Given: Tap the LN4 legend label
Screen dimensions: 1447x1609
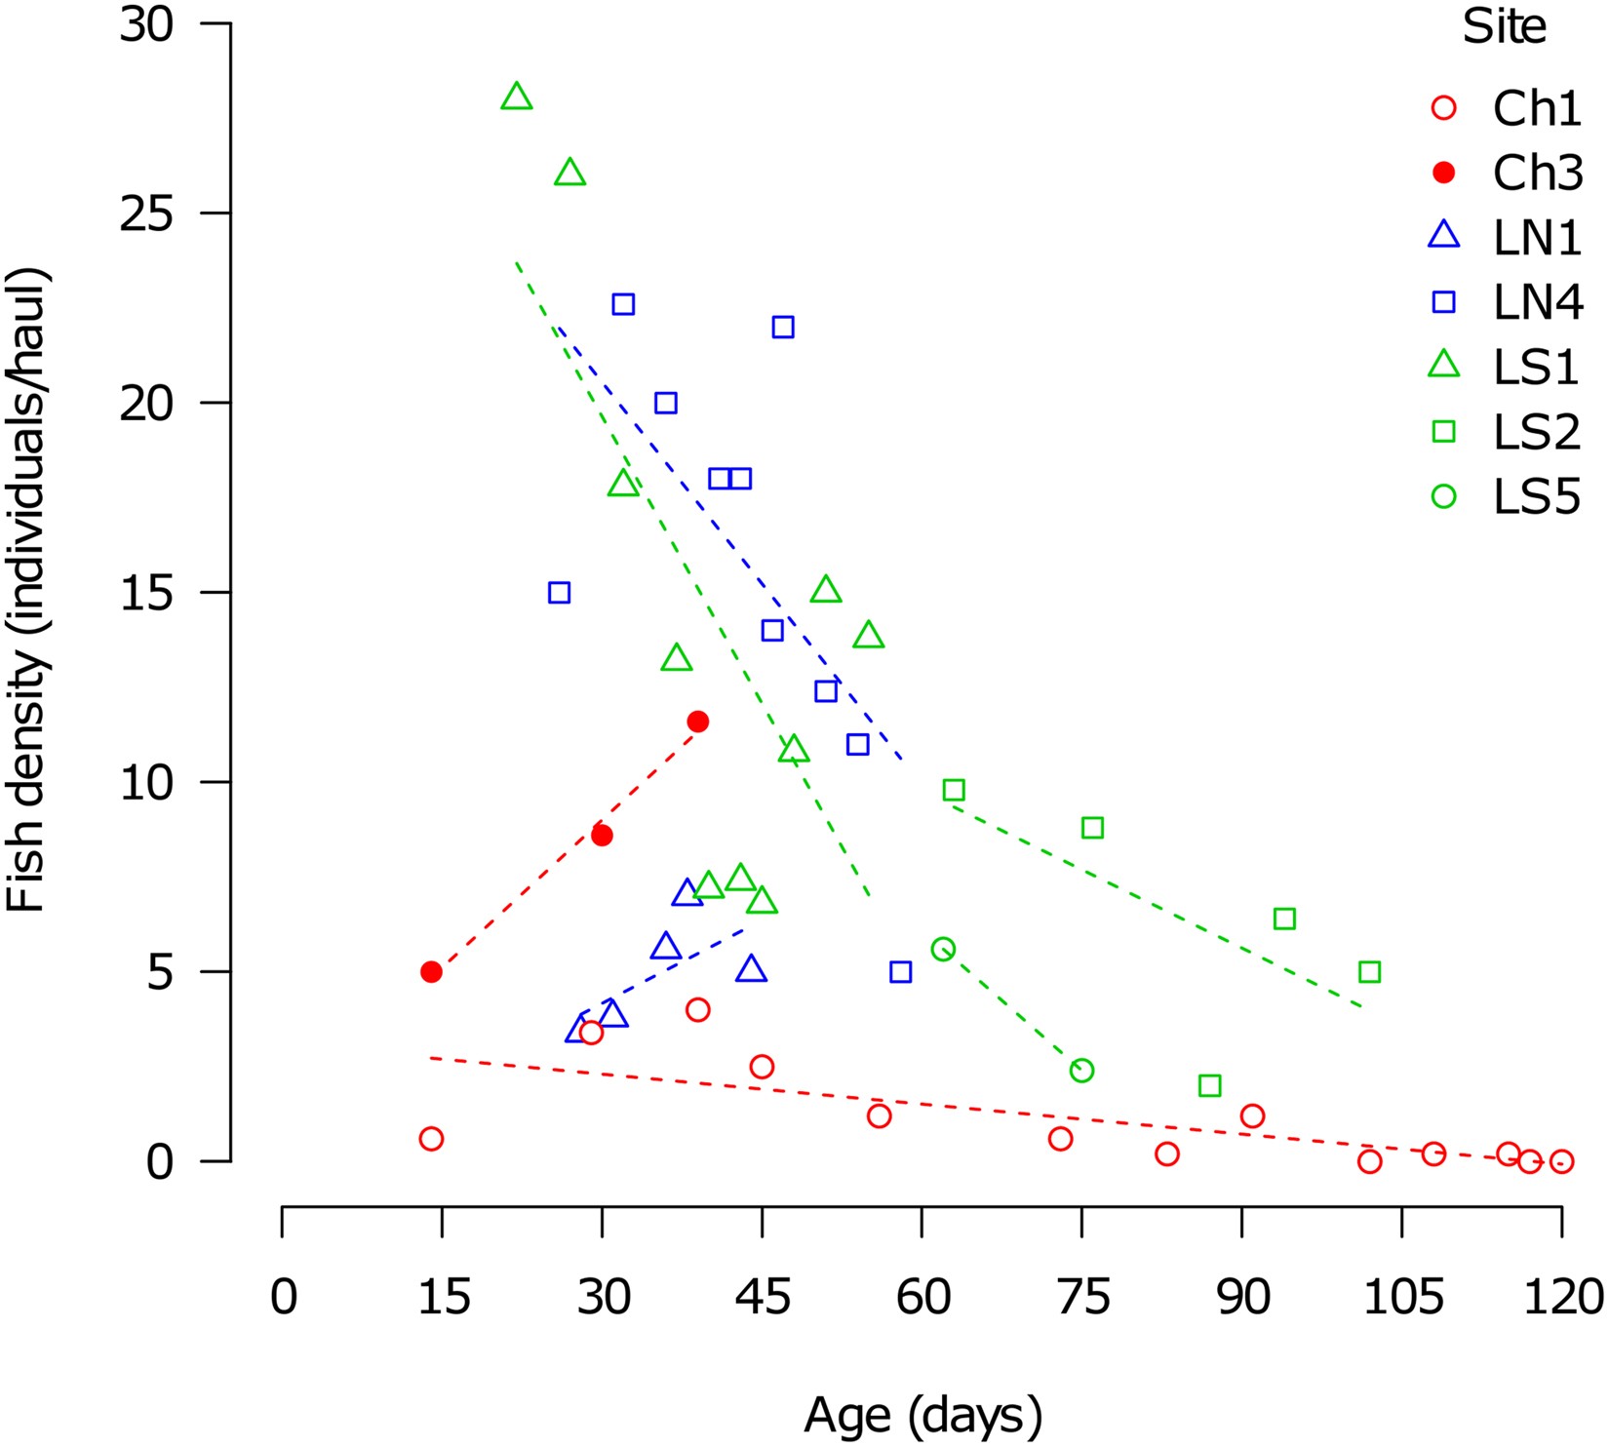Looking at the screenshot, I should (x=1538, y=303).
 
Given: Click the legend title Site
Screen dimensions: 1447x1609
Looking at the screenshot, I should (x=1504, y=28).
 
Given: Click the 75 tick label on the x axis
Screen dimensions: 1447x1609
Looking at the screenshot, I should (x=1082, y=1298).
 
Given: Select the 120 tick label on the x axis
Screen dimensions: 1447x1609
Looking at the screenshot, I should (x=1562, y=1298).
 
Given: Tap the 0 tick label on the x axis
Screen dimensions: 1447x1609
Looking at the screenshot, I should (x=283, y=1298).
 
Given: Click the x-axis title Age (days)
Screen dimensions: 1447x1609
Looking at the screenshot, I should (x=922, y=1415).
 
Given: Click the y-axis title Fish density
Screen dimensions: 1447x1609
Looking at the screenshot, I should (x=27, y=591).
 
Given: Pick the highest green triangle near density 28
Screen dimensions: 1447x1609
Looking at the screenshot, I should (x=516, y=98).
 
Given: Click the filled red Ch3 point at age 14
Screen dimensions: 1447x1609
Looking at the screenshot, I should (x=431, y=972).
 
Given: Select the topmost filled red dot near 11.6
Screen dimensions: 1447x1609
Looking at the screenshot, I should (x=697, y=722).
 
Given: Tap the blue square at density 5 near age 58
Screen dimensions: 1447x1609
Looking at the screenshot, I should (x=900, y=972).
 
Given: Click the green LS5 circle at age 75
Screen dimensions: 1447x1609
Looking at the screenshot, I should (x=1081, y=1071).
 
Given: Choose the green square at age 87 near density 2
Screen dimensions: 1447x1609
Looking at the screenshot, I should (x=1209, y=1085).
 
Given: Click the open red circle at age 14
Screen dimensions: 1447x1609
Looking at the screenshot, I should (x=431, y=1139).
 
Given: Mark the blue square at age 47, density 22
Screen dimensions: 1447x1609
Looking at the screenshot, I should (x=783, y=327).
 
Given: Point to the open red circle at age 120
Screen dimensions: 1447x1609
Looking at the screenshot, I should (x=1561, y=1161).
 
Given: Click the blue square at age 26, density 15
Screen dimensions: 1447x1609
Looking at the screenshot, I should (x=559, y=593).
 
